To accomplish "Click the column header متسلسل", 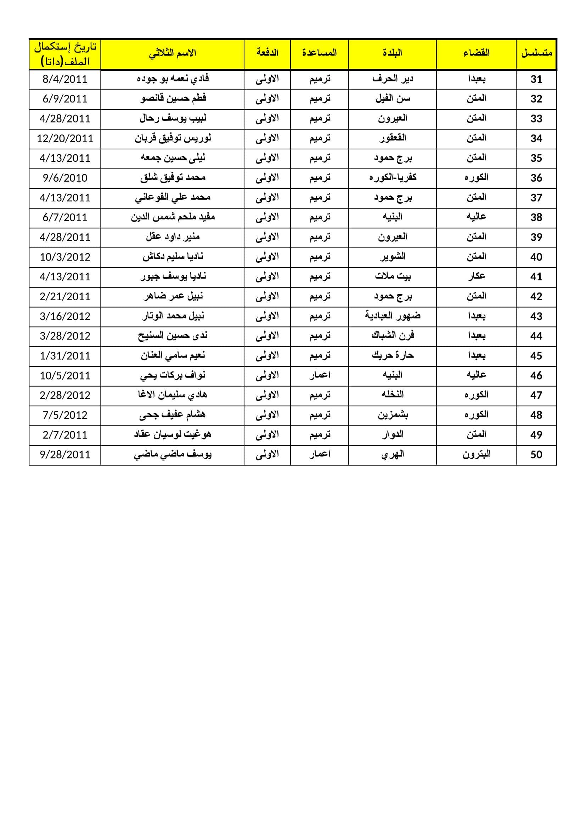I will (x=536, y=53).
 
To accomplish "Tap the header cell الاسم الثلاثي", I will (x=173, y=53).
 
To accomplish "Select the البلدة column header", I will (x=392, y=53).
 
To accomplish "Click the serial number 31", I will (x=536, y=79).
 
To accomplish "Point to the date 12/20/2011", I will (x=65, y=138).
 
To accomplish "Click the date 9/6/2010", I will (x=65, y=178).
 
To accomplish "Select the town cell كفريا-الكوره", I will (x=392, y=178).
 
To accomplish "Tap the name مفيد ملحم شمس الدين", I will (x=173, y=217).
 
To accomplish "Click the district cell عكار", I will (x=476, y=276).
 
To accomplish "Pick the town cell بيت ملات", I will (x=392, y=276).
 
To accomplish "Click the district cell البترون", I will (x=476, y=455).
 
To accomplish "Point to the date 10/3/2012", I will (x=65, y=257).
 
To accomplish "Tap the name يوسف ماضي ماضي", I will (x=173, y=455).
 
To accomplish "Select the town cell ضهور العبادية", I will (x=392, y=316).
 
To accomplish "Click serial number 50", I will (x=536, y=455).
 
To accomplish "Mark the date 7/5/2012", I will (x=65, y=415).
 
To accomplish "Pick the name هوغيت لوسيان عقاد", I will (x=173, y=435).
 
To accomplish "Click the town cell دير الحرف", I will (x=392, y=79).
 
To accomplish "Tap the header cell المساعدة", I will (x=319, y=53).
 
